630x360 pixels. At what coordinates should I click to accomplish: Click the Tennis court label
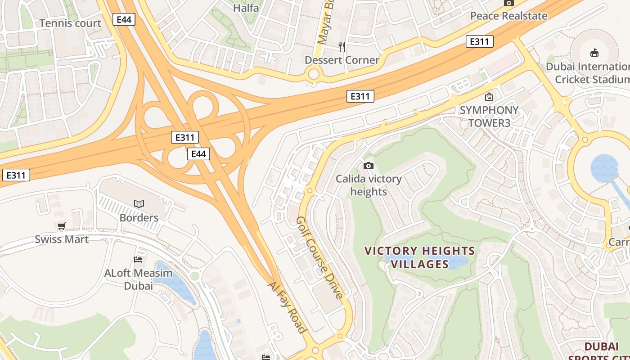(71, 23)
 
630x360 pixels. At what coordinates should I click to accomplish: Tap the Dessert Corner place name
(342, 60)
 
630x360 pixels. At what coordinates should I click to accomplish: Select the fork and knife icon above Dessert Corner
(342, 46)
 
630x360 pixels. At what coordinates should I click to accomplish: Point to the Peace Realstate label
(508, 16)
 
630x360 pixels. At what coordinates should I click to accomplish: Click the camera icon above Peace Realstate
(509, 3)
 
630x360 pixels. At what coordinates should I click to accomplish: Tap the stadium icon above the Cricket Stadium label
(594, 53)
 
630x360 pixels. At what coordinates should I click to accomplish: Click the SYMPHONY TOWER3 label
(489, 117)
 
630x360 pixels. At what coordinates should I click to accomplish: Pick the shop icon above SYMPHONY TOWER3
(489, 97)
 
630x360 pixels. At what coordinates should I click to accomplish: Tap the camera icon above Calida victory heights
(369, 166)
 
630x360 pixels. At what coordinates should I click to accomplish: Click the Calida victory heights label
(369, 185)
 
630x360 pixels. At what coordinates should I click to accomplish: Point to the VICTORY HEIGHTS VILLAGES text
(419, 257)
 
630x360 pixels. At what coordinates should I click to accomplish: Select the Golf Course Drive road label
(320, 257)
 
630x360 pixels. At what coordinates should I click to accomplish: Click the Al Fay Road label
(287, 307)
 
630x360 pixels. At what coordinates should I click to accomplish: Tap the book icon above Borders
(139, 204)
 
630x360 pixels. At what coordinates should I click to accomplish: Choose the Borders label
(139, 218)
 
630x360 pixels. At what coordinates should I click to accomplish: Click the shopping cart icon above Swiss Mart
(62, 226)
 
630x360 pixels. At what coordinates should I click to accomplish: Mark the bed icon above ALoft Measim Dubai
(138, 260)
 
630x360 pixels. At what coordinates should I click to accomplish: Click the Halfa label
(246, 8)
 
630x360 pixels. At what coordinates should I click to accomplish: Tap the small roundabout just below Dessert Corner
(314, 74)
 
